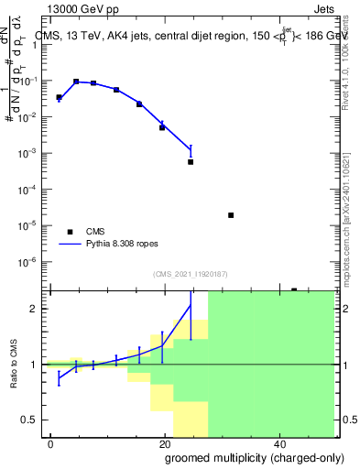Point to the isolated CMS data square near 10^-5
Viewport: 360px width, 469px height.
pos(231,215)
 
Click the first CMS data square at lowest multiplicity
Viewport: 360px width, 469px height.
pos(59,97)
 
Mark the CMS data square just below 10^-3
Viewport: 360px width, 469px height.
pos(191,162)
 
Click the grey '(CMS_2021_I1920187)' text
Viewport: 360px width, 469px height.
pos(191,274)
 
